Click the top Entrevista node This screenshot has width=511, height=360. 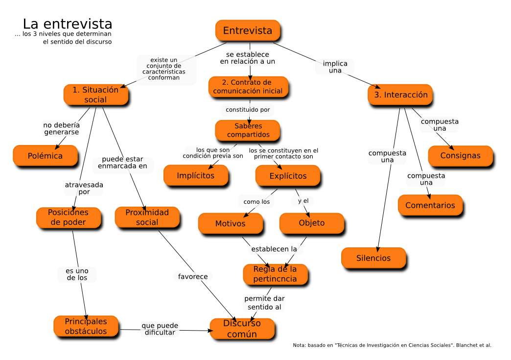248,30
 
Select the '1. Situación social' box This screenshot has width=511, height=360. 95,95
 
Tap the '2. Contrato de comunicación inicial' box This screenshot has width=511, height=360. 248,86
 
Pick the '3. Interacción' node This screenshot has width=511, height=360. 400,95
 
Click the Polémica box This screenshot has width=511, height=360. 45,156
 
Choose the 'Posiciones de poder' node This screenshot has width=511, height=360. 68,217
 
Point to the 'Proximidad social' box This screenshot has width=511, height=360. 147,217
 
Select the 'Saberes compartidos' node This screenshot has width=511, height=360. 248,130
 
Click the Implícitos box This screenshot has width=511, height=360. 195,175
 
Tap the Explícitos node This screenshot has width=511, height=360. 288,175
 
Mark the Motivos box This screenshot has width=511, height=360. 230,223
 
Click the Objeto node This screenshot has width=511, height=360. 311,223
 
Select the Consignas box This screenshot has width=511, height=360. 460,156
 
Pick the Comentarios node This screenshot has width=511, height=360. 430,205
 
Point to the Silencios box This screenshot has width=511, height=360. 373,258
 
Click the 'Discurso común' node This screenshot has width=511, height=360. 242,329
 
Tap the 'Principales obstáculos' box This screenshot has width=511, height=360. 86,326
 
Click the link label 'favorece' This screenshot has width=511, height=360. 193,277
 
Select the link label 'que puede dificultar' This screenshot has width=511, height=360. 160,329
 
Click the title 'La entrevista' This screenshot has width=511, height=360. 68,24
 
